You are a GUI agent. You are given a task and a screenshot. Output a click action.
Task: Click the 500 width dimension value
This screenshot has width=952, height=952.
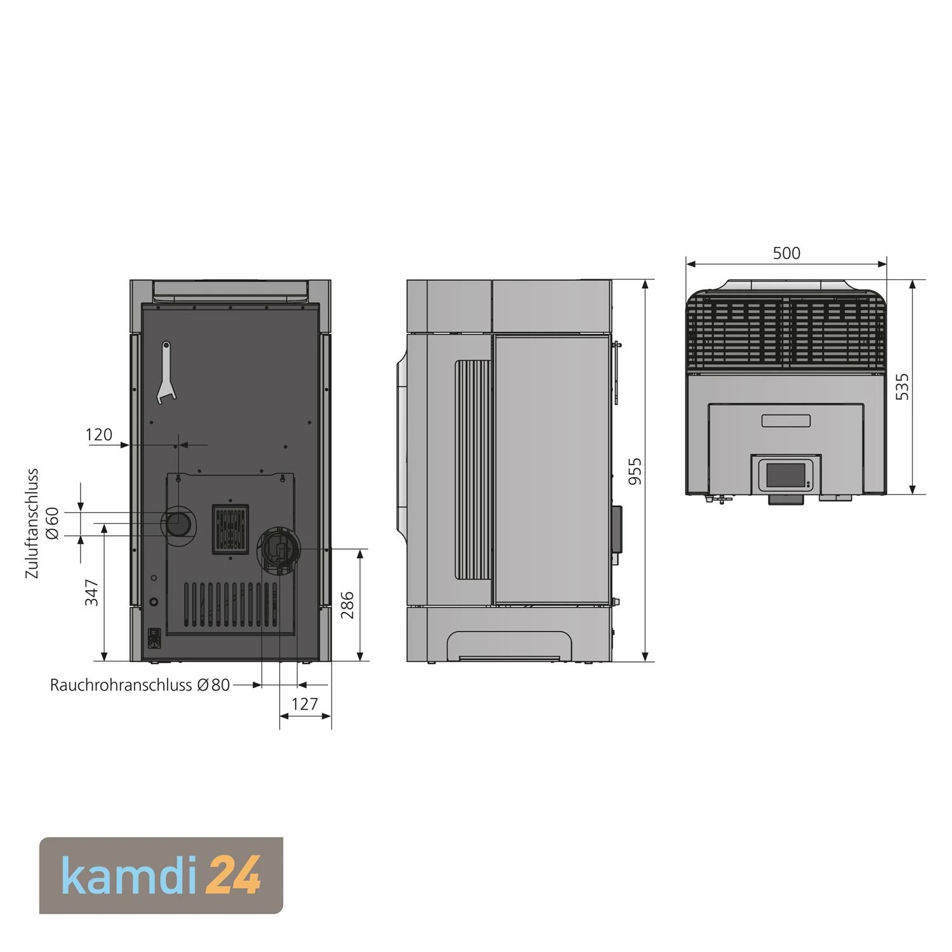point(786,253)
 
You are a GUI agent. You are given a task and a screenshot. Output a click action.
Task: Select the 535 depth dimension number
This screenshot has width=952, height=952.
point(902,387)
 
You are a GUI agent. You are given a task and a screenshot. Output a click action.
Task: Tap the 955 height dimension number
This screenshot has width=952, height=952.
point(635,471)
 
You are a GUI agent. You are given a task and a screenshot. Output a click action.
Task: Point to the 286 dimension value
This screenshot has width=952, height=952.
point(347,605)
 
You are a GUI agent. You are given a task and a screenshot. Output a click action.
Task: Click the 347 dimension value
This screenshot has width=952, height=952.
point(92,592)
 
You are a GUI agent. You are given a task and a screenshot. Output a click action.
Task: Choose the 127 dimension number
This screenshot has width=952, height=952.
point(305,704)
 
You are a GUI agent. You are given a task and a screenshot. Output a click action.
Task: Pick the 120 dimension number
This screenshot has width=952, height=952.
point(98,435)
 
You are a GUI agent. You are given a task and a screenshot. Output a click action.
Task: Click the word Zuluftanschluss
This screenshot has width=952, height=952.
point(32,524)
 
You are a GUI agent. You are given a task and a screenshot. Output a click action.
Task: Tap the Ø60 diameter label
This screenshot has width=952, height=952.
point(53,523)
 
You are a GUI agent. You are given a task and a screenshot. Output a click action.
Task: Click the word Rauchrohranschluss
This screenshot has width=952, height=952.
point(121,685)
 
